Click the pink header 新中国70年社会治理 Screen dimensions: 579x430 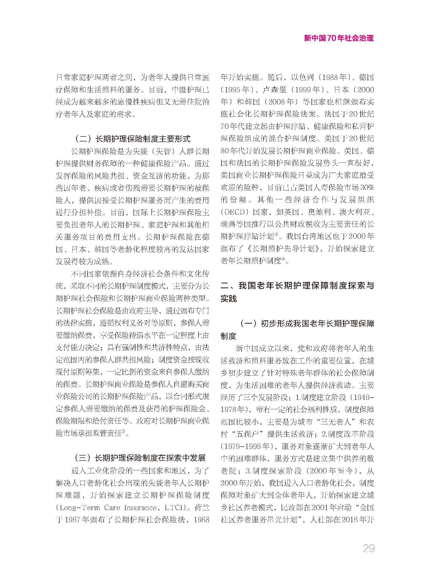point(339,38)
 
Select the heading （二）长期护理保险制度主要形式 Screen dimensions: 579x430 point(133,139)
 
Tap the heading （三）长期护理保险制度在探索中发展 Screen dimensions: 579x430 point(140,458)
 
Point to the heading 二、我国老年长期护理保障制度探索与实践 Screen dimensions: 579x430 point(297,286)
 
